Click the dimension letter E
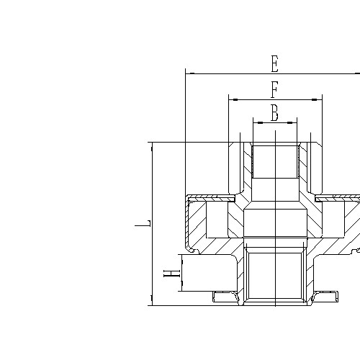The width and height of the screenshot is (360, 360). click(274, 64)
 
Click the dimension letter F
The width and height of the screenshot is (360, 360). click(274, 91)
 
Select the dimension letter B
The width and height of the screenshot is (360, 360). click(274, 113)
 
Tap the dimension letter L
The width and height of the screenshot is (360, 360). click(143, 224)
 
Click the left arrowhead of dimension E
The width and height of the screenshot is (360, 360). click(189, 73)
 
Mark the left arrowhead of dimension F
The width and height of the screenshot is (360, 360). click(233, 100)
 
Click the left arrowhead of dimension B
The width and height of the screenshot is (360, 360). click(256, 122)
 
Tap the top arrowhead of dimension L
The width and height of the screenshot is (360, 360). click(152, 146)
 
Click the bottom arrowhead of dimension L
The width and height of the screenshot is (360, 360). click(152, 301)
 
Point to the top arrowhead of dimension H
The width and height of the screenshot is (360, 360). click(181, 258)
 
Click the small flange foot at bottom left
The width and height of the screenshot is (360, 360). click(225, 295)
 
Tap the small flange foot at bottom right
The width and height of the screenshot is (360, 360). click(325, 295)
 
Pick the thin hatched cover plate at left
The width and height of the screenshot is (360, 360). click(210, 197)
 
